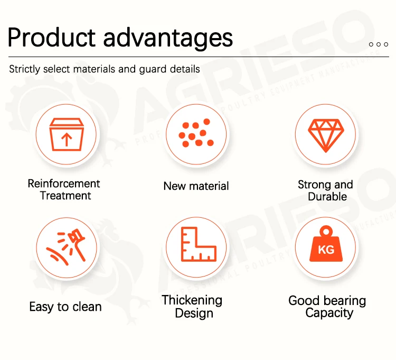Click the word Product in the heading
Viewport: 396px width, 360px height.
52,38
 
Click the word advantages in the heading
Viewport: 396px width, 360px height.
168,39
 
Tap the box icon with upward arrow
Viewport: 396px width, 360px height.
67,134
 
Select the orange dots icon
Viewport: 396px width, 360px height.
196,133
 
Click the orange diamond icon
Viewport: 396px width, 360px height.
326,135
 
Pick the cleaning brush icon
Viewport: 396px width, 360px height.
66,247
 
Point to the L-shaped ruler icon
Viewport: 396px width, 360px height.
199,244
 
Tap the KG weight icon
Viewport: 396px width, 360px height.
326,244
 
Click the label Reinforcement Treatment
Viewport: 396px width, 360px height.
64,190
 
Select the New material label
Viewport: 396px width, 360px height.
196,186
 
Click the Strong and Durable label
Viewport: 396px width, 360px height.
326,191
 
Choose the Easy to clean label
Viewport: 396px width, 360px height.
65,307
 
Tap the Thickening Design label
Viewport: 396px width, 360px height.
192,307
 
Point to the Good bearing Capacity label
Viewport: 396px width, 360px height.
327,307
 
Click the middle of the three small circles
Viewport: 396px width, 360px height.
379,44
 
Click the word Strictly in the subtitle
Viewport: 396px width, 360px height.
25,69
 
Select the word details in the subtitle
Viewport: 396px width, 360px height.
185,69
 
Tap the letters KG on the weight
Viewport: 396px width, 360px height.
326,250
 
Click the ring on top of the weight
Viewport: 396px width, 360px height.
326,231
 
